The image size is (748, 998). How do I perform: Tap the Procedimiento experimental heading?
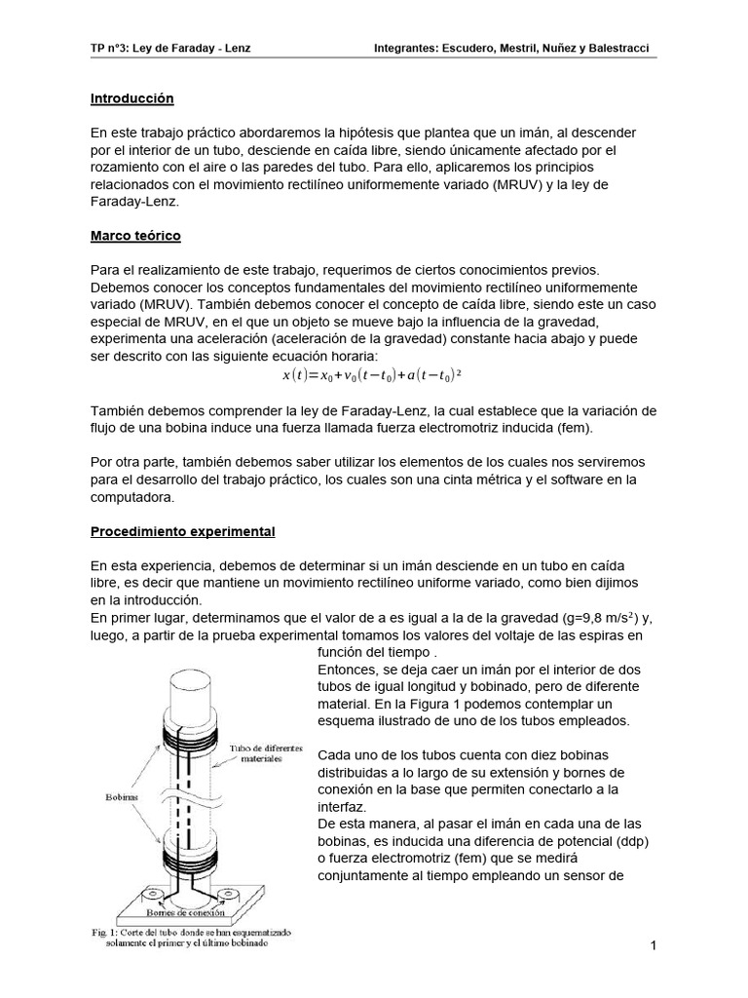click(182, 531)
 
